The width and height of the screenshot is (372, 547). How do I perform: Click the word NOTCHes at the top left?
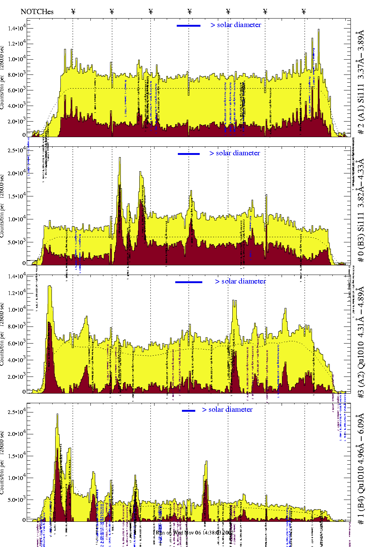(37, 11)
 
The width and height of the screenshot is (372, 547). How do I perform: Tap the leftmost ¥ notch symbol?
(73, 11)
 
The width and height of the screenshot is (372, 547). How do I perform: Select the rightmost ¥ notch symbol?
(304, 11)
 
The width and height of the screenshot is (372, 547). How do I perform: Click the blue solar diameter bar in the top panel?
(189, 26)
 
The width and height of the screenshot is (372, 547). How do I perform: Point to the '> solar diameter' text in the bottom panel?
(227, 410)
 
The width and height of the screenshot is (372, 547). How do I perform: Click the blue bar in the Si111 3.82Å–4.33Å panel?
(189, 154)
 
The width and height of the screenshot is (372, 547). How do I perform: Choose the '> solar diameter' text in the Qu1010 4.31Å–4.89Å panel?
(240, 281)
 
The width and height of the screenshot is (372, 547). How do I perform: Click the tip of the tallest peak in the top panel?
(318, 30)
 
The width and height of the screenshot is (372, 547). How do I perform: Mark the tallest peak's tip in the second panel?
(120, 158)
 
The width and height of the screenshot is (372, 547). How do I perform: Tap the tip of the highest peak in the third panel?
(49, 286)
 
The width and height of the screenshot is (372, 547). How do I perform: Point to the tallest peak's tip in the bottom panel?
(57, 414)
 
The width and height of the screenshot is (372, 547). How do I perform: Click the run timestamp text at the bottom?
(194, 533)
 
